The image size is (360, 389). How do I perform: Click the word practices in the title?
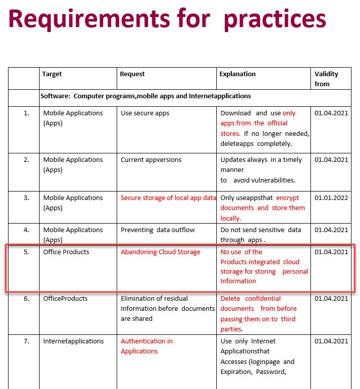(x=275, y=19)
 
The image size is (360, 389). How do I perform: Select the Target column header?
(x=52, y=74)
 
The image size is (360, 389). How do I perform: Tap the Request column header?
(x=132, y=74)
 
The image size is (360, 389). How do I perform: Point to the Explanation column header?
(x=237, y=74)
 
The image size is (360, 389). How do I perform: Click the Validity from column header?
(x=326, y=79)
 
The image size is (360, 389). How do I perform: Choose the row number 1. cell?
(x=26, y=113)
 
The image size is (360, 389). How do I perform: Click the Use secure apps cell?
(x=145, y=113)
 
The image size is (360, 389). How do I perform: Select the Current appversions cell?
(x=151, y=160)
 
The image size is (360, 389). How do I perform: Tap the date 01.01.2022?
(x=331, y=198)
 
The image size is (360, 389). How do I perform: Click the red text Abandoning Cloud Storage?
(x=160, y=252)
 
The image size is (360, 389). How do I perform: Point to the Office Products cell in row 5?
(x=66, y=252)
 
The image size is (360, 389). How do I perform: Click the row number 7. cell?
(x=26, y=341)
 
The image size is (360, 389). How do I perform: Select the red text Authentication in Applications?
(x=146, y=346)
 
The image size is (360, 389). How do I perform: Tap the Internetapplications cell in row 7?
(x=73, y=341)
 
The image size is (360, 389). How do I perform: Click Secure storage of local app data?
(x=168, y=198)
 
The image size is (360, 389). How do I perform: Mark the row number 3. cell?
(x=26, y=198)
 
